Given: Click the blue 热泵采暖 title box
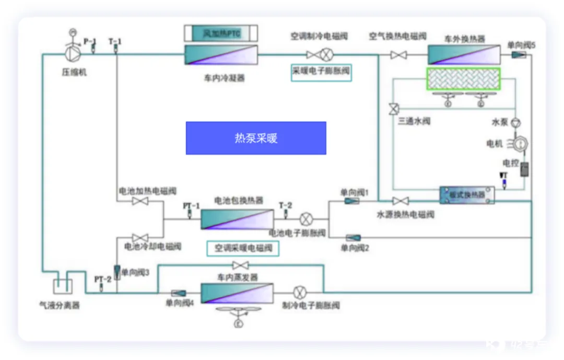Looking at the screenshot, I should [256, 138].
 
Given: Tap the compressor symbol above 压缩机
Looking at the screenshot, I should [73, 54].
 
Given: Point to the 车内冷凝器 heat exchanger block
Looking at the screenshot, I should [220, 55].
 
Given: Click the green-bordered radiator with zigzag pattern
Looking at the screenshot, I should [463, 79].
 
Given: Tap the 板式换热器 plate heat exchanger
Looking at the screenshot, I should [467, 194].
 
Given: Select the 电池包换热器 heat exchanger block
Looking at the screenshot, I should [238, 219].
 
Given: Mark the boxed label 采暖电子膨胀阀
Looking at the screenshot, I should [321, 72].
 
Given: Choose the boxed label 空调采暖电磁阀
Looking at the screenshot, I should [243, 248].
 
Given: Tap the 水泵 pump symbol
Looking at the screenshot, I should [516, 122].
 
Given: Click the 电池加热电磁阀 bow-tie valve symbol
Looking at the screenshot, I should [139, 201].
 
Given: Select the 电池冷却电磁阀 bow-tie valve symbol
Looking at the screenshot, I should [139, 238].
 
